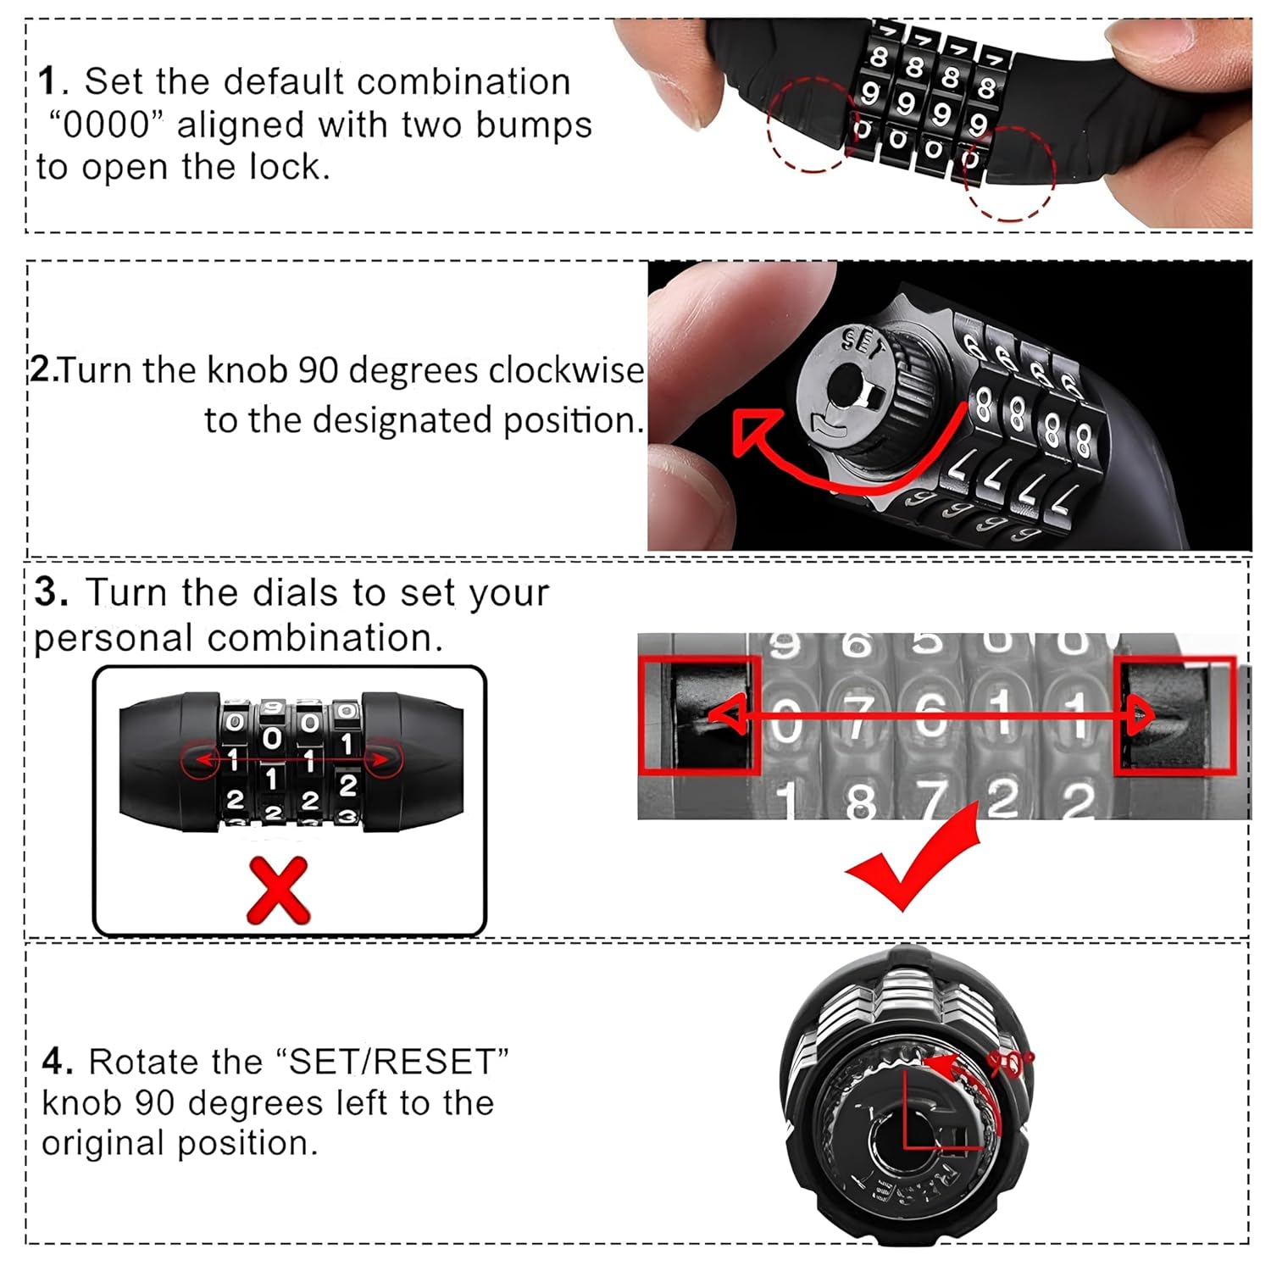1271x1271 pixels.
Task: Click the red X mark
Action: (278, 890)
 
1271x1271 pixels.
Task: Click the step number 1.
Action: (49, 82)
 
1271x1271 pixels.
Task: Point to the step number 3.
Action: (51, 592)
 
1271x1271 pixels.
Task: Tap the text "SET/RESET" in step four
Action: (391, 1063)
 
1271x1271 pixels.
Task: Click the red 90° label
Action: (1010, 1064)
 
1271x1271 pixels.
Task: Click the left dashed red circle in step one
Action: (813, 125)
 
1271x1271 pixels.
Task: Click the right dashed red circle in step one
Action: (1008, 174)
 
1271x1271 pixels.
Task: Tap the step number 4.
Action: (53, 1062)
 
